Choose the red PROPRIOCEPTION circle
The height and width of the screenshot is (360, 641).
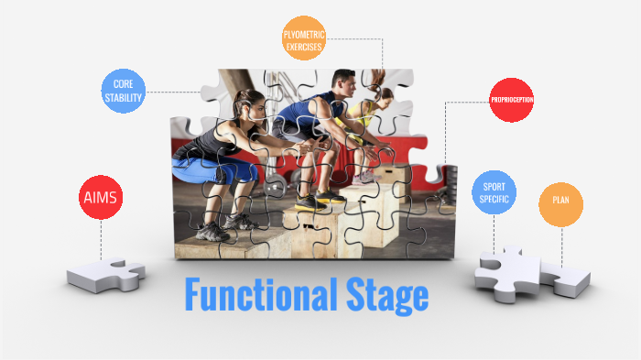pos(511,99)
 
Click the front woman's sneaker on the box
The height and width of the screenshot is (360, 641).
pos(213,231)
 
